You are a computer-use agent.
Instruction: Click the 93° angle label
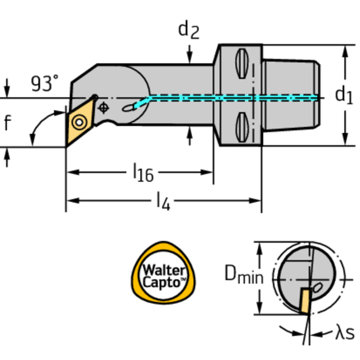(x=45, y=84)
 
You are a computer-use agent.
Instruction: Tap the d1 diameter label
(x=343, y=95)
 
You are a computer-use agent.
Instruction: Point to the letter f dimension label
(x=7, y=123)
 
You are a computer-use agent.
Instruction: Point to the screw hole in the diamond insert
(x=78, y=123)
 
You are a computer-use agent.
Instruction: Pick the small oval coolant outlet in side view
(x=128, y=108)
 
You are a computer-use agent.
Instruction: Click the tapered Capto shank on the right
(x=291, y=96)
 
